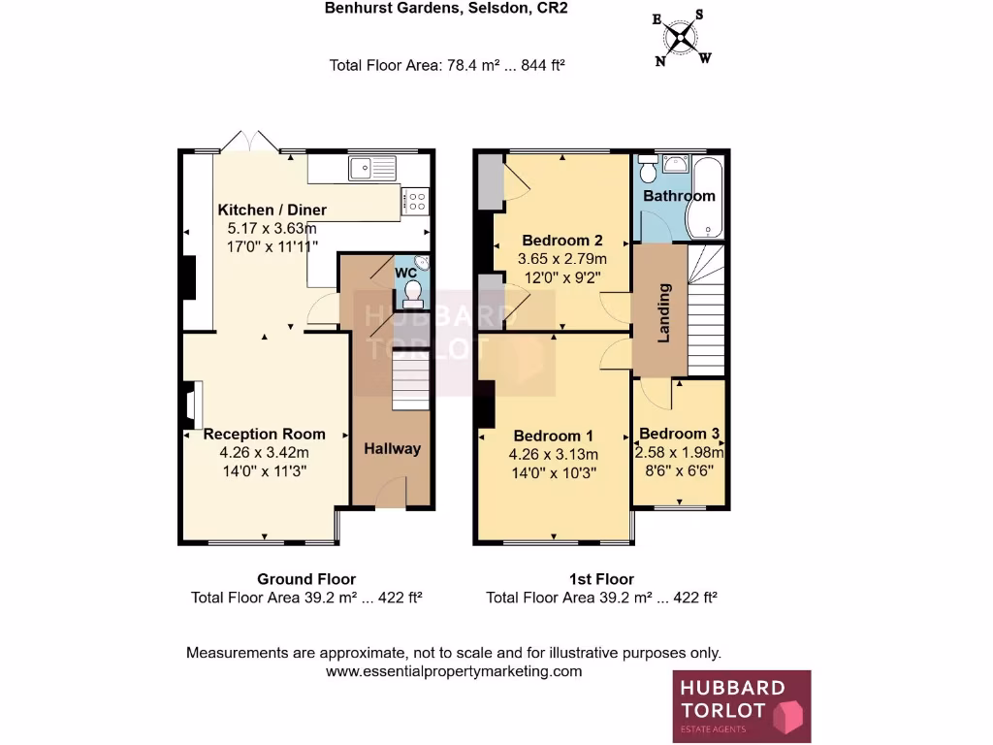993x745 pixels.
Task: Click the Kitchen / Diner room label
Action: click(272, 210)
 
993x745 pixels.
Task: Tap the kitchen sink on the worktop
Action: click(369, 168)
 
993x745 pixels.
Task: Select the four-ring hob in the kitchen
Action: click(417, 202)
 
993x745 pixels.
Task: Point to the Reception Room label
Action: click(264, 434)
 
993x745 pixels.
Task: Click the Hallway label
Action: click(393, 448)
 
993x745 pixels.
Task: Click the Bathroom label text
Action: click(679, 195)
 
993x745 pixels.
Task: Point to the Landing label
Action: click(664, 313)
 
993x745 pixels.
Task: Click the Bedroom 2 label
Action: click(562, 241)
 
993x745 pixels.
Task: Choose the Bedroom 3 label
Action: click(679, 434)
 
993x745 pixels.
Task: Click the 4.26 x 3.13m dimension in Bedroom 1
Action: click(553, 454)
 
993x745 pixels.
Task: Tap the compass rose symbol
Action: click(683, 39)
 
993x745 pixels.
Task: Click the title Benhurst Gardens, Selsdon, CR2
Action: click(445, 9)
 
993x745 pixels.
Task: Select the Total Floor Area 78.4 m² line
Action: click(447, 66)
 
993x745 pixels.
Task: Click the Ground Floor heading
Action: click(305, 579)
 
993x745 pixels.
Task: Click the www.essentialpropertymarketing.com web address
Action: click(453, 671)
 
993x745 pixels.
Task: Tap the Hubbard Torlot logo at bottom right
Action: click(742, 706)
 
